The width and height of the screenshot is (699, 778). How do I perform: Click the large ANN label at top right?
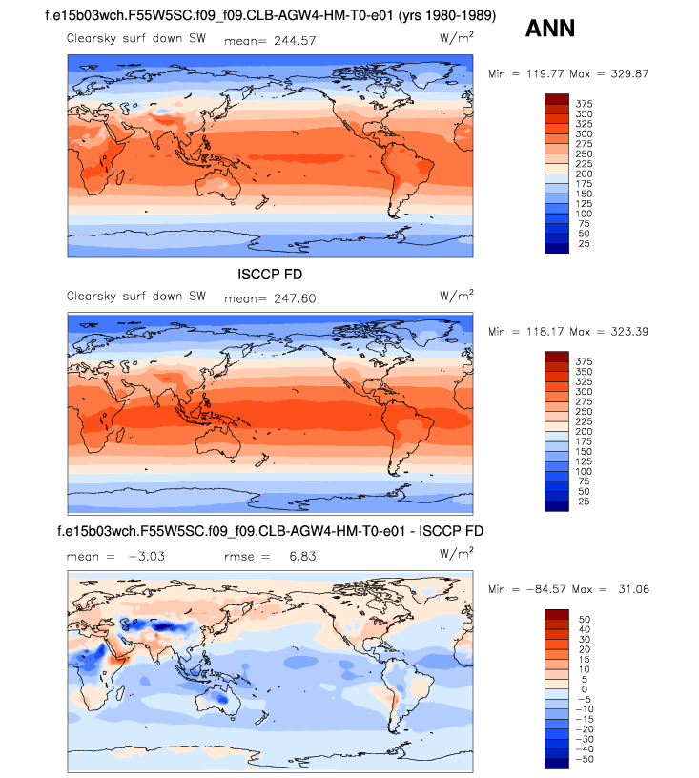coord(549,29)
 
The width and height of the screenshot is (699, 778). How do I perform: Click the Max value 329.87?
coord(626,73)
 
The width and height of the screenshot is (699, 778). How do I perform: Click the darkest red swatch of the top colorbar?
coord(556,98)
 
